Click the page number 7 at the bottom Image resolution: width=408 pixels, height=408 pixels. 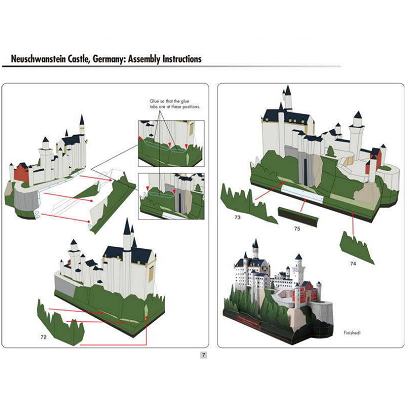click(203, 355)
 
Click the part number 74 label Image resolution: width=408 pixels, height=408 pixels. click(352, 264)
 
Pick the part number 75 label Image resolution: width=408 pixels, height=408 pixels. click(296, 228)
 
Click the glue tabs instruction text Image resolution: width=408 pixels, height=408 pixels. click(174, 105)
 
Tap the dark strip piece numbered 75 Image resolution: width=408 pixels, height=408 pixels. click(298, 216)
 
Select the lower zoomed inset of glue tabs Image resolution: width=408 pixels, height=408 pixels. click(171, 195)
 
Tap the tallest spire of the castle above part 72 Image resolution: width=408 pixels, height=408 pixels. click(127, 229)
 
